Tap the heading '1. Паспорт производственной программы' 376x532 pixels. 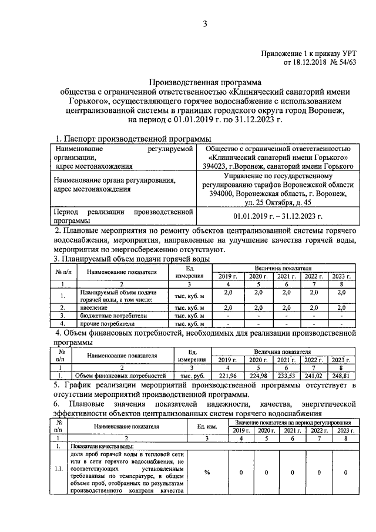[x=132, y=138]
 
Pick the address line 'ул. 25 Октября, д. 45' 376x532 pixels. [x=278, y=202]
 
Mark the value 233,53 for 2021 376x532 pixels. [x=285, y=374]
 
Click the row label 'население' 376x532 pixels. [x=90, y=307]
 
